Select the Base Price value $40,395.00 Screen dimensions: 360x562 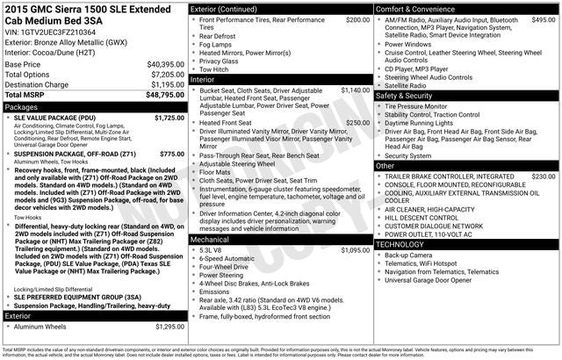[164, 64]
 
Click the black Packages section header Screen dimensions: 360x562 [93, 106]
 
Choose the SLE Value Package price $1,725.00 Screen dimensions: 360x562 [169, 117]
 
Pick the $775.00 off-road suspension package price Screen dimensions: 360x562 [172, 154]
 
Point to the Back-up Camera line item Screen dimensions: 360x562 [407, 256]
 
